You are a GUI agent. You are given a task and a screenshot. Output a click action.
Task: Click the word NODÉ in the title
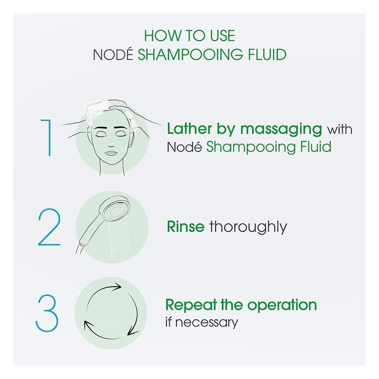pos(113,55)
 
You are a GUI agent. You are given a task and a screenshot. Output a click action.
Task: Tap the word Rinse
pos(185,226)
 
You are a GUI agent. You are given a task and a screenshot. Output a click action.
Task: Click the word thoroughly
pos(248,226)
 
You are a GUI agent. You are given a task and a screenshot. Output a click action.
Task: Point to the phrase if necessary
pos(202,322)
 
